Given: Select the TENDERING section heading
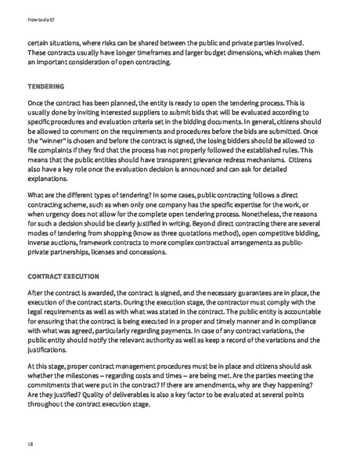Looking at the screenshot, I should coord(46,85).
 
